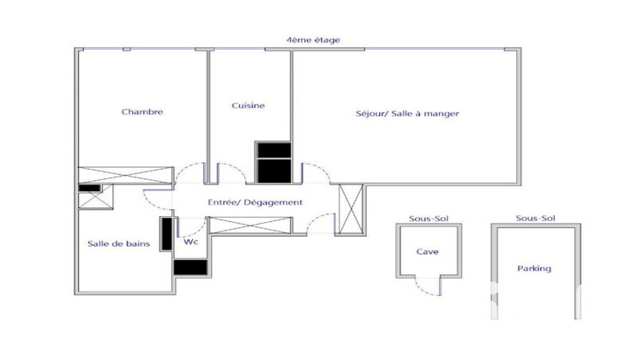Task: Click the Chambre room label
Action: point(142,111)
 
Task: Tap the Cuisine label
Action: point(249,106)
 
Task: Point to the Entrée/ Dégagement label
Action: point(255,202)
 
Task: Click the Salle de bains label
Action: point(119,244)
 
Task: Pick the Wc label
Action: point(190,242)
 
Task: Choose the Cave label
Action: point(428,252)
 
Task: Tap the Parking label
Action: point(534,268)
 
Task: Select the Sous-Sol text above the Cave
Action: point(428,219)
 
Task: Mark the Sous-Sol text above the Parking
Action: point(536,219)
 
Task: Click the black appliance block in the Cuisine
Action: point(274,162)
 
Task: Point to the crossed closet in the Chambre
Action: point(126,175)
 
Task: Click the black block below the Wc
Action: point(190,267)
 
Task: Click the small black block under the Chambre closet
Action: point(90,187)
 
